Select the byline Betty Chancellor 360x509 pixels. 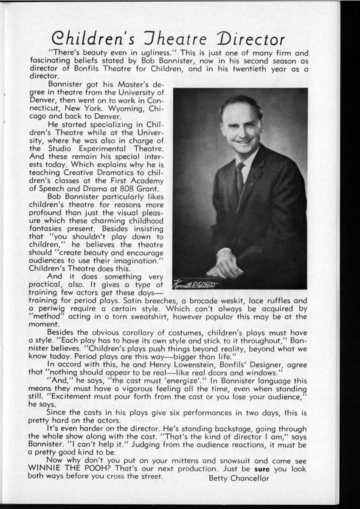(239, 478)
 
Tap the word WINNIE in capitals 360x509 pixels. (46, 470)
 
